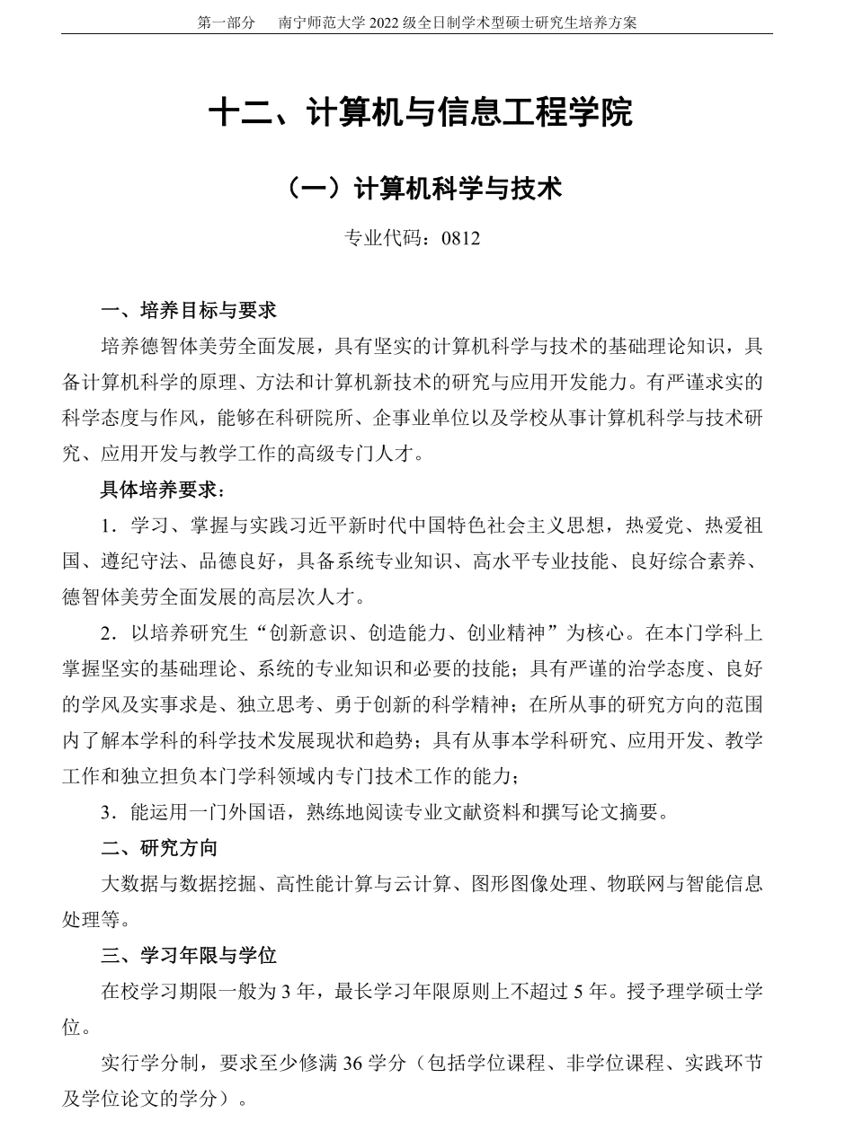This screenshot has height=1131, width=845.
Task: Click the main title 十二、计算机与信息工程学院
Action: [x=422, y=113]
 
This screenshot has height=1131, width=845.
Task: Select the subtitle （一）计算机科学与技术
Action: [x=422, y=189]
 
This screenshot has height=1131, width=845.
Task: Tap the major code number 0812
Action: [x=461, y=238]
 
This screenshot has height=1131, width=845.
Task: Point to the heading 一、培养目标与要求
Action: [x=189, y=311]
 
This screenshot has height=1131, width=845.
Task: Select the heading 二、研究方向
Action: [x=158, y=848]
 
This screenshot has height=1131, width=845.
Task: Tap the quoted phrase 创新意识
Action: [x=318, y=633]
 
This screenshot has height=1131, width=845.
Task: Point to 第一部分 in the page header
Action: [x=226, y=22]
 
